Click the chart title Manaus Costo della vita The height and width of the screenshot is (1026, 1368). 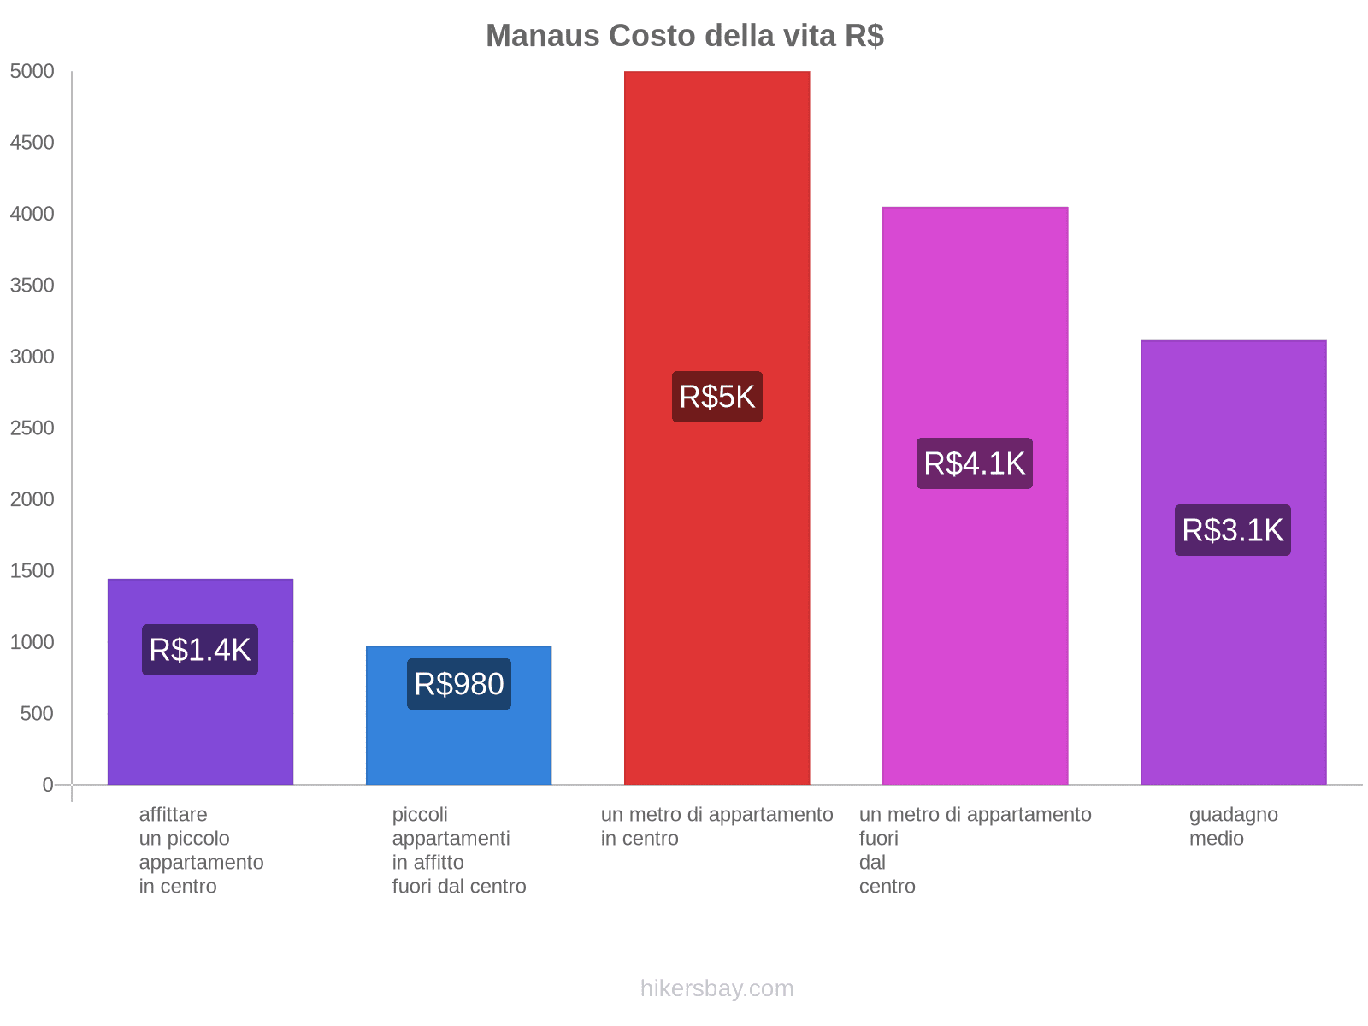[684, 36]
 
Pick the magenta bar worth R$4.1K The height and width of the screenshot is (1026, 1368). [975, 641]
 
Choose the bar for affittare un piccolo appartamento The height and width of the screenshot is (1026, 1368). [200, 727]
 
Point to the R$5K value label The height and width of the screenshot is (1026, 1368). [716, 397]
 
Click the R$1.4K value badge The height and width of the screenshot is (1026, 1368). [200, 650]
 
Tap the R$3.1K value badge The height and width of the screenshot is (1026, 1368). [1233, 530]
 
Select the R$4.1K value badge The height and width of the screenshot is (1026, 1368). [975, 463]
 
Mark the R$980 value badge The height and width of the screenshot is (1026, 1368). [458, 684]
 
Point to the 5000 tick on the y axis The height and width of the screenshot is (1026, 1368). [32, 72]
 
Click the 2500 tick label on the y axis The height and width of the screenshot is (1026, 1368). [32, 428]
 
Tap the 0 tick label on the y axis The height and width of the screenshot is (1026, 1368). [48, 785]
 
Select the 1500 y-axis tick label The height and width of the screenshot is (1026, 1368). [32, 571]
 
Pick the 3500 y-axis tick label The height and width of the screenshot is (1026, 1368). [32, 286]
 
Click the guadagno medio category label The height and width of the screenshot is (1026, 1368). [1233, 826]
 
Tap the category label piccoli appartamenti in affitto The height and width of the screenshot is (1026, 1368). [458, 850]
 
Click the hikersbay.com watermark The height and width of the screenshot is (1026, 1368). [716, 988]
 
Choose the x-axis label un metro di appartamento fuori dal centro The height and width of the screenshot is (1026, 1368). [975, 850]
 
